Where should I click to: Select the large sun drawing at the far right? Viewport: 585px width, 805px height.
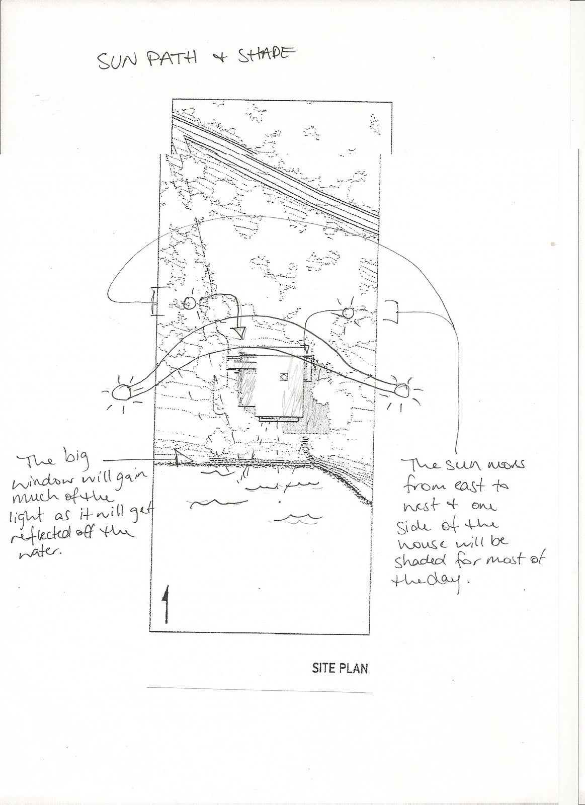[x=402, y=390]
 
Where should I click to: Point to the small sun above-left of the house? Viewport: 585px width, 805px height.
[x=189, y=303]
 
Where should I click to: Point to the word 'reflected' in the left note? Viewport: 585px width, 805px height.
[x=40, y=536]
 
